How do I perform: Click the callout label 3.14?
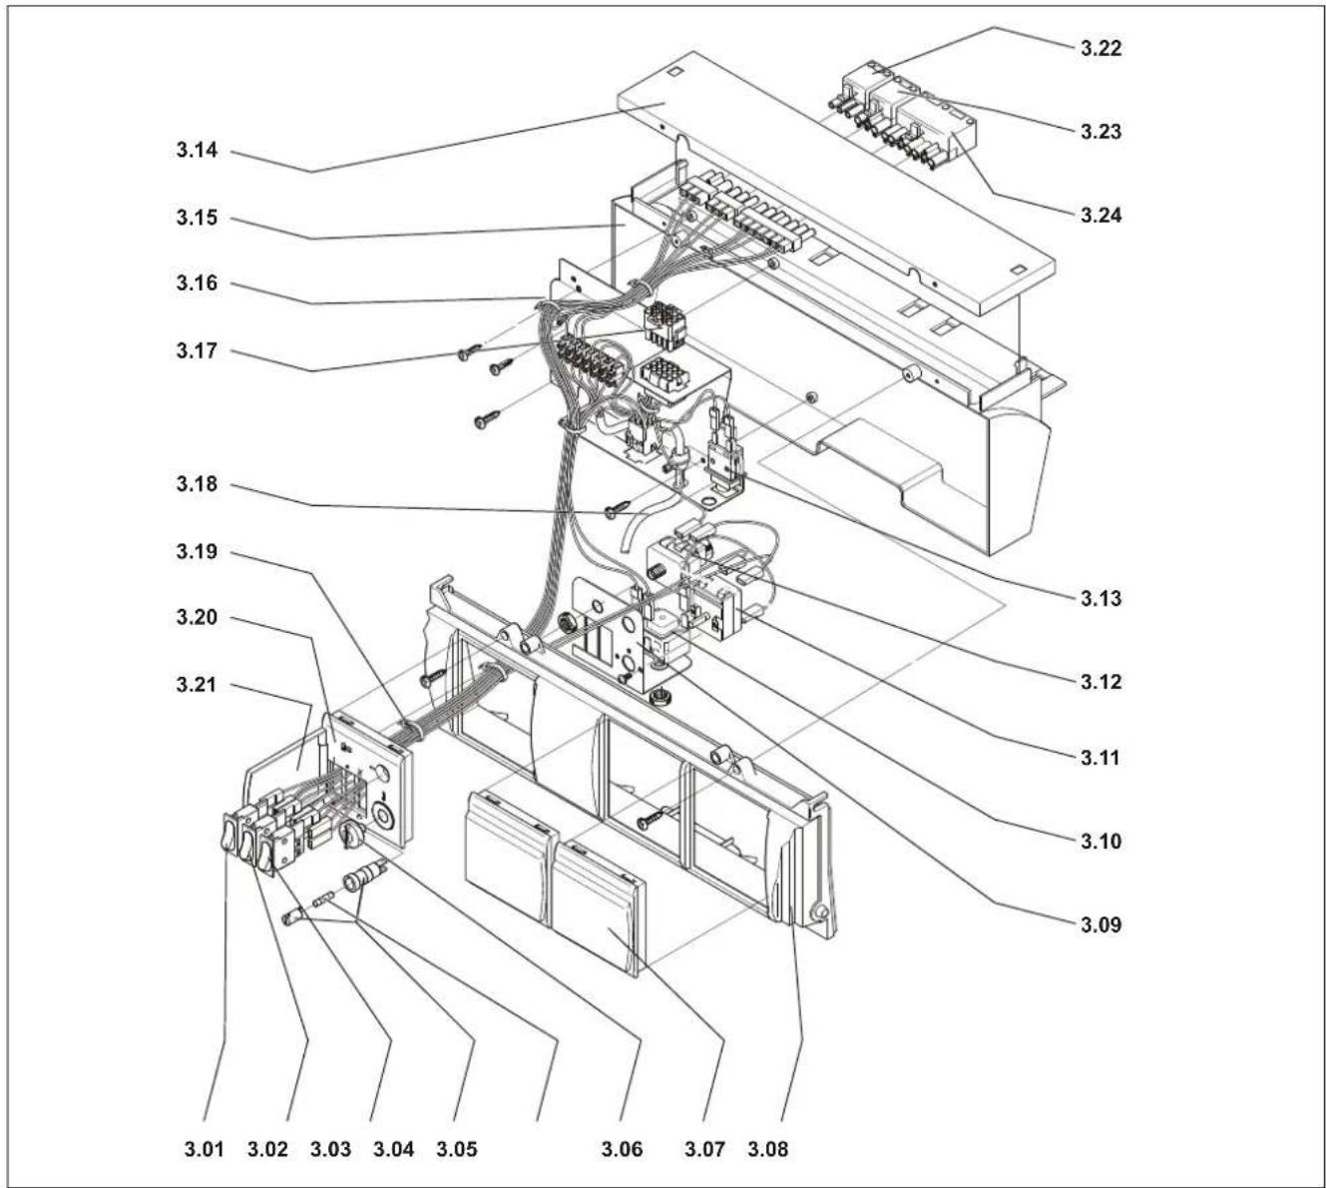coord(197,150)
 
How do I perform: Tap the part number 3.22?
coord(1101,49)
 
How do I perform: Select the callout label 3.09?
coord(1101,925)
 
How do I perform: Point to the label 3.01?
coord(204,1149)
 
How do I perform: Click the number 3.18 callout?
coord(197,484)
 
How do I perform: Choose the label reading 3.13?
coord(1101,598)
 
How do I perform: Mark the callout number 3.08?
coord(767,1149)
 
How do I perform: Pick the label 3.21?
coord(197,685)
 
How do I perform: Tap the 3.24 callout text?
coord(1101,215)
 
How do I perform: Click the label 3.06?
coord(622,1149)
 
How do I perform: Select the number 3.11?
coord(1101,758)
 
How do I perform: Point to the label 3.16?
coord(197,284)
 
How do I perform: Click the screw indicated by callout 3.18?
coord(618,509)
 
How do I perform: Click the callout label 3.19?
coord(197,551)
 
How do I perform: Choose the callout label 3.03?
coord(330,1149)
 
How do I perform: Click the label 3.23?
coord(1101,132)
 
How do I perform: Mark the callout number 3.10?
coord(1101,841)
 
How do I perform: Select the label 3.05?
coord(457,1149)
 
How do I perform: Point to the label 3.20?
coord(197,618)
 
